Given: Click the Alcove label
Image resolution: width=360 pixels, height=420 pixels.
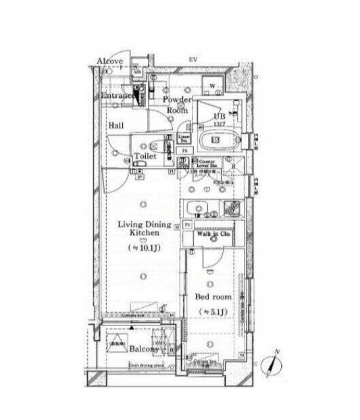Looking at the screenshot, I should tap(109, 62).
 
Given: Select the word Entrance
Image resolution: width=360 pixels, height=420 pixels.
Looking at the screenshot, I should tap(119, 97).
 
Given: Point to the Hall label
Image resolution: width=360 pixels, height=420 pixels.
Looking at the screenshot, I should tap(115, 126).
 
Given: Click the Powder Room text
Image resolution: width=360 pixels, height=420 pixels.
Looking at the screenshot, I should tap(177, 104).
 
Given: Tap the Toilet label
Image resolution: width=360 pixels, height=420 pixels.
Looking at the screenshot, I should tap(145, 156).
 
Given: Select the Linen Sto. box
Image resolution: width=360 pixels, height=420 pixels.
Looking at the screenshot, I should tap(184, 138).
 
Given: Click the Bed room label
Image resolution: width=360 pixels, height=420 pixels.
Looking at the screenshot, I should tap(213, 296).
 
